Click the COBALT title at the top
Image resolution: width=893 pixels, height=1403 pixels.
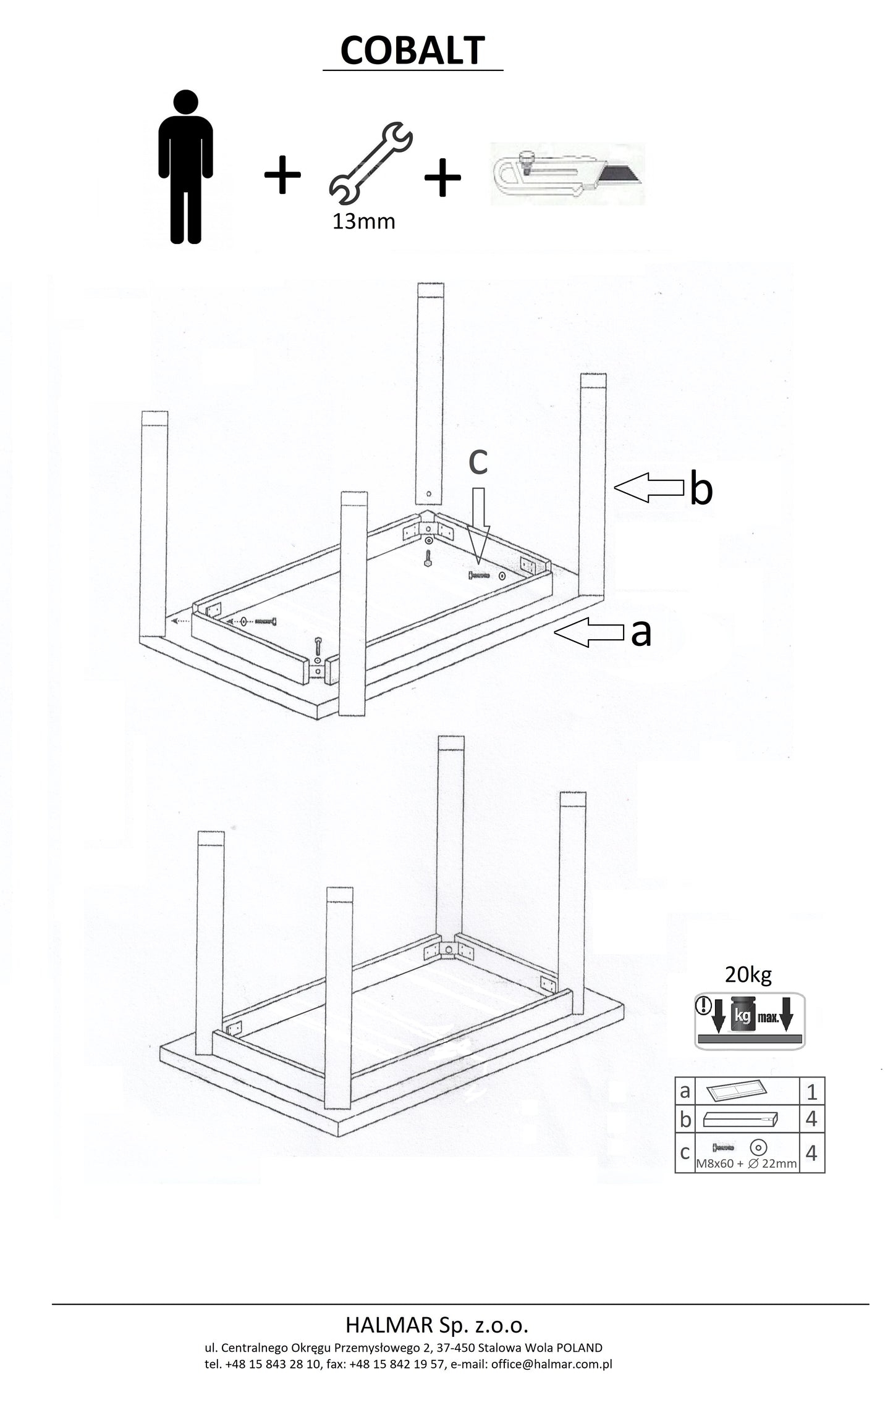point(412,51)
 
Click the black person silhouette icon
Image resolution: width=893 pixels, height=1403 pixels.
point(186,167)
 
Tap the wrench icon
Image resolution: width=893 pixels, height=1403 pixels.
point(370,164)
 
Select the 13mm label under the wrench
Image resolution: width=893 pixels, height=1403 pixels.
point(363,222)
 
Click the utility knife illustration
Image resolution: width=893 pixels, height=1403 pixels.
point(567,174)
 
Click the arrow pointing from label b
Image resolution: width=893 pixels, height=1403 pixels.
point(650,488)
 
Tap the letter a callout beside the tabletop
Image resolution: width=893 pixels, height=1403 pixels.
point(641,632)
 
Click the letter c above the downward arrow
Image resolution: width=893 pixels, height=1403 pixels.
point(478,461)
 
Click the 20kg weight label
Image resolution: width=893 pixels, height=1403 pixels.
point(748,975)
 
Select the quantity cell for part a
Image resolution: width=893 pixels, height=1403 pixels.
point(811,1092)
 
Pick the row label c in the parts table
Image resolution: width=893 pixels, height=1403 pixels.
point(685,1152)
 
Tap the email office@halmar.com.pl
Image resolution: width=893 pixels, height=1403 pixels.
point(551,1364)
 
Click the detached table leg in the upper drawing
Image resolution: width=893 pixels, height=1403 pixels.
point(431,395)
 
